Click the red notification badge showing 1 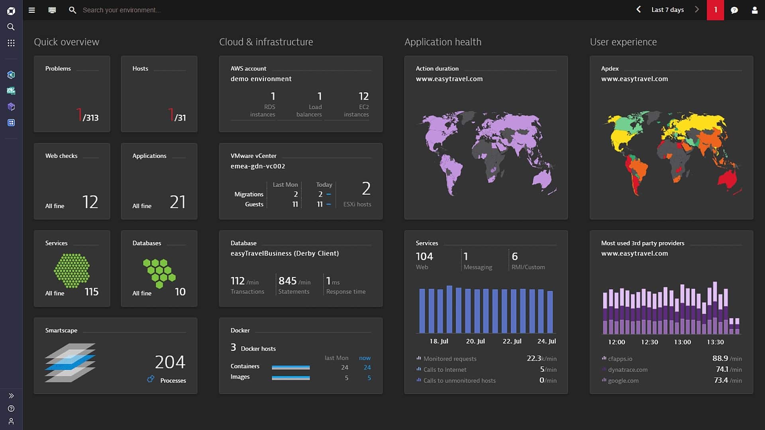(715, 10)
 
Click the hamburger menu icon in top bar (32, 10)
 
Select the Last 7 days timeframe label (667, 10)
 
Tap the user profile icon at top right (754, 10)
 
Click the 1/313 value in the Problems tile (87, 115)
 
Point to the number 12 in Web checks (90, 202)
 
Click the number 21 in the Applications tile (178, 202)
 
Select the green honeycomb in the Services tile (72, 271)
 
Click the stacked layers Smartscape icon (70, 363)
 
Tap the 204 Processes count (170, 362)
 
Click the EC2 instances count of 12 (363, 96)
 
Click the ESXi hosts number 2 (366, 189)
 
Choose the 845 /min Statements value (294, 281)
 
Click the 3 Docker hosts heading (253, 348)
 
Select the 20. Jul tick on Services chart (475, 341)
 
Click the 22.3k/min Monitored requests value (541, 358)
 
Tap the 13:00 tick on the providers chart (682, 342)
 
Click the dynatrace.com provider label (628, 370)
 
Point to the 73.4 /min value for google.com (728, 381)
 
